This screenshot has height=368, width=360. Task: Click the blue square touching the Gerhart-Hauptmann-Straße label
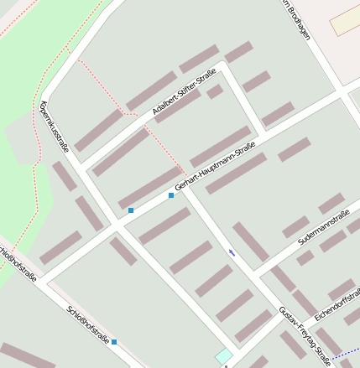coord(171,195)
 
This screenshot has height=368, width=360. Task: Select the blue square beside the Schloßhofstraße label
coord(114,342)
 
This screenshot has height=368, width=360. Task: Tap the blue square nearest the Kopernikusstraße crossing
coord(131,210)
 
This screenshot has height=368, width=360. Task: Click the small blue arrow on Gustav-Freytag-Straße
coord(232,251)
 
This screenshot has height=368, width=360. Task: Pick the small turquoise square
coord(223,356)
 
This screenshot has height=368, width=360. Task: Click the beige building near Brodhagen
coord(344,22)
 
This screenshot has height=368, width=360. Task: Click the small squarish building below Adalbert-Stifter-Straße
coord(215,91)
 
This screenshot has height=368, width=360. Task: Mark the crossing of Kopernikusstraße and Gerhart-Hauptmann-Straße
coord(115,226)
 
